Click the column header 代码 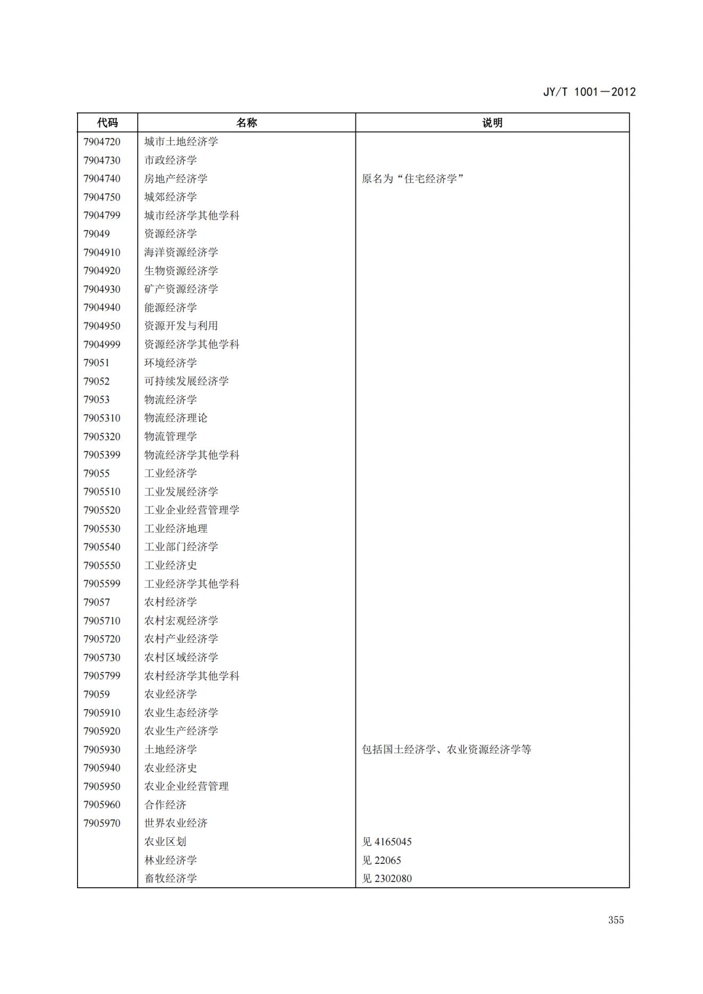107,123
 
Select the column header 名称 247,123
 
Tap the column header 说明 492,123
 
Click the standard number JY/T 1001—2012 589,92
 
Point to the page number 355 616,920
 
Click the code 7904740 102,179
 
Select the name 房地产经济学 176,179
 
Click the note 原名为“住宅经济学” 413,179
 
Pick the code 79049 97,234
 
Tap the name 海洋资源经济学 181,252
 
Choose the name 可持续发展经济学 187,381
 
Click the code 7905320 102,436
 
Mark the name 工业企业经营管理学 192,510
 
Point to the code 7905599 102,584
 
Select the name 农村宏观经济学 181,621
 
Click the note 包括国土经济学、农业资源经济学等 446,750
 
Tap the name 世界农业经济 176,823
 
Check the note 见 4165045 387,842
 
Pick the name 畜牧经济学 171,878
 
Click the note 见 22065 382,860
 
